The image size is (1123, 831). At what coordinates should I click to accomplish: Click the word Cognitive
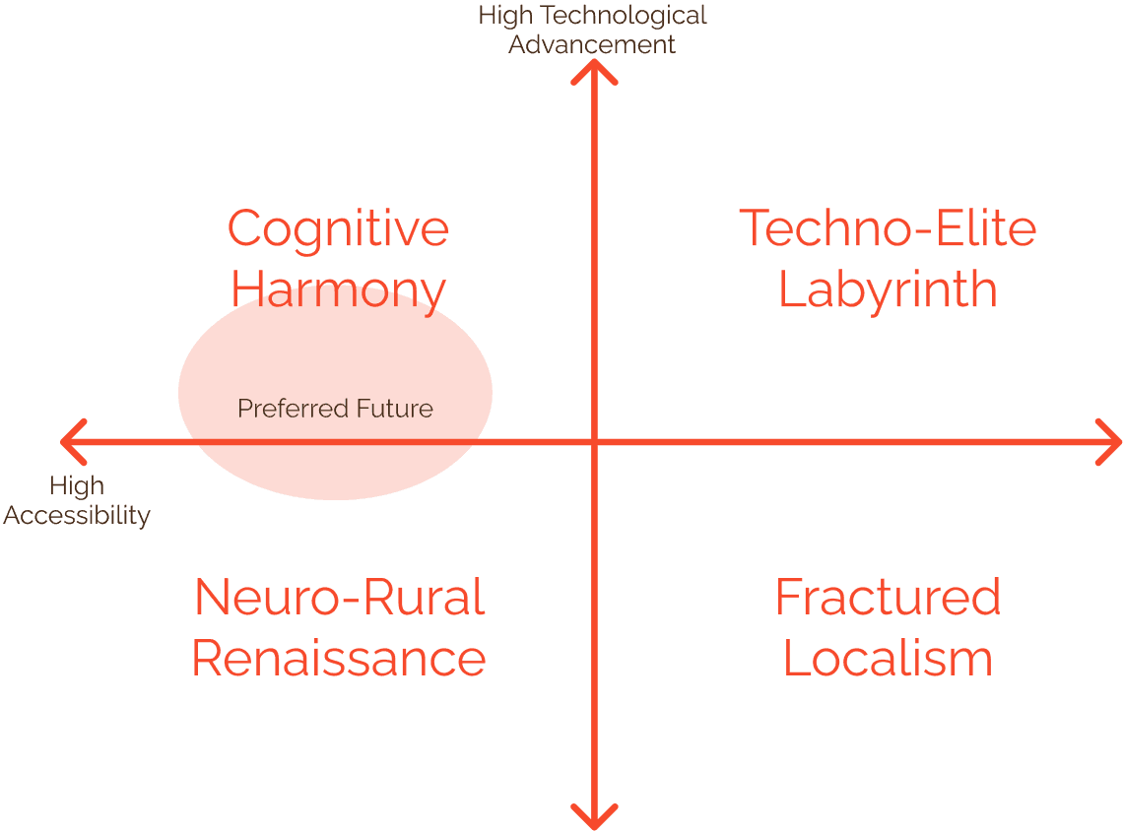click(x=338, y=229)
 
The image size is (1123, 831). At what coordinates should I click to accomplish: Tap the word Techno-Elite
click(x=888, y=228)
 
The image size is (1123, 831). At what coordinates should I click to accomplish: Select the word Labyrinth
click(x=888, y=289)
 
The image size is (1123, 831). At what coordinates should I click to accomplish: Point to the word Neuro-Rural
click(x=339, y=598)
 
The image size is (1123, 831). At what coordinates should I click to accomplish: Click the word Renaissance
click(x=339, y=659)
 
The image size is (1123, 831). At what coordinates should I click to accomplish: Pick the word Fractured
click(x=888, y=598)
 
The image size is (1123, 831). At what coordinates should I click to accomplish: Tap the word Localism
click(x=888, y=659)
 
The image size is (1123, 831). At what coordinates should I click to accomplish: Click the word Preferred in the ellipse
click(x=284, y=408)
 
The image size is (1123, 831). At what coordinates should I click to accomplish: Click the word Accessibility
click(x=77, y=515)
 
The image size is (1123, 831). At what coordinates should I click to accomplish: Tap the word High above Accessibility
click(x=77, y=486)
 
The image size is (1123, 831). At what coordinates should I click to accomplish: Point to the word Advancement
click(x=592, y=44)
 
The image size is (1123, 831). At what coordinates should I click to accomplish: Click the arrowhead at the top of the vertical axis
click(x=594, y=71)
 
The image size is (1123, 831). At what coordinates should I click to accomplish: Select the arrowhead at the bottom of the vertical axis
click(x=594, y=817)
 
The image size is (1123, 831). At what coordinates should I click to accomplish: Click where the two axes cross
click(x=594, y=442)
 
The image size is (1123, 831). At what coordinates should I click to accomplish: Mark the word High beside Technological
click(x=505, y=16)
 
